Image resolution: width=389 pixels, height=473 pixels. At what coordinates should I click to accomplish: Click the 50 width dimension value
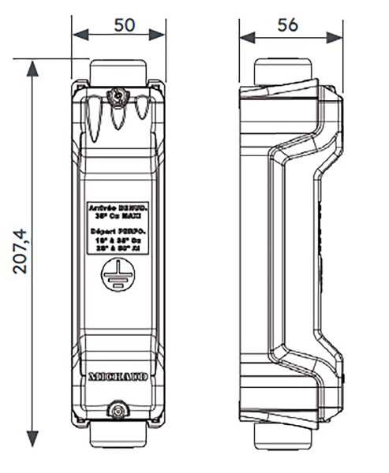[x=124, y=24]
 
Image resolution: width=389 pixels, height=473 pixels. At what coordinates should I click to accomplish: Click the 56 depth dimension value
[x=288, y=24]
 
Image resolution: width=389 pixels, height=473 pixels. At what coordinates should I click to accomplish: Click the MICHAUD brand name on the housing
[x=118, y=378]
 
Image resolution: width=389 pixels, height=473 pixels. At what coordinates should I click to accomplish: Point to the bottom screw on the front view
[x=118, y=410]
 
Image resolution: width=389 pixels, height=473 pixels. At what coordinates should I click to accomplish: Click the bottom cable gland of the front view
[x=118, y=434]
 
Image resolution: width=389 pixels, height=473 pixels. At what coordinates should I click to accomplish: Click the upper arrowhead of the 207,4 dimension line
[x=32, y=67]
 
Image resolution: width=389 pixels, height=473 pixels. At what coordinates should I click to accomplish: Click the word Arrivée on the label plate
[x=102, y=206]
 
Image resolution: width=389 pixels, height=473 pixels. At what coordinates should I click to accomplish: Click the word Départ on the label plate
[x=101, y=227]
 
